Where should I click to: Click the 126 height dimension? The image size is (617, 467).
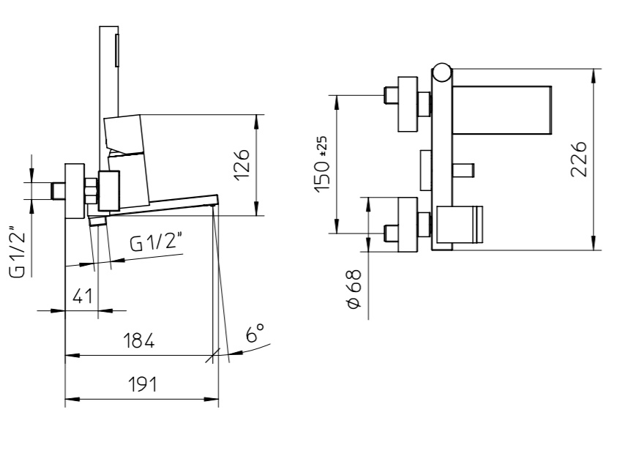click(x=242, y=164)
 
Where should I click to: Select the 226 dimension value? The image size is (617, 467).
click(x=579, y=159)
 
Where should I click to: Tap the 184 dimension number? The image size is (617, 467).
click(x=139, y=340)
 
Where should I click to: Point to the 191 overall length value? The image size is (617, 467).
click(x=142, y=384)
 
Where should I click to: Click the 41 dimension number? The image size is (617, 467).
click(x=83, y=296)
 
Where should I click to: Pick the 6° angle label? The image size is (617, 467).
click(x=255, y=333)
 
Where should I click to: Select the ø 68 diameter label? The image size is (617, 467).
click(x=354, y=289)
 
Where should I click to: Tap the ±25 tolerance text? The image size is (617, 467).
click(x=322, y=146)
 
